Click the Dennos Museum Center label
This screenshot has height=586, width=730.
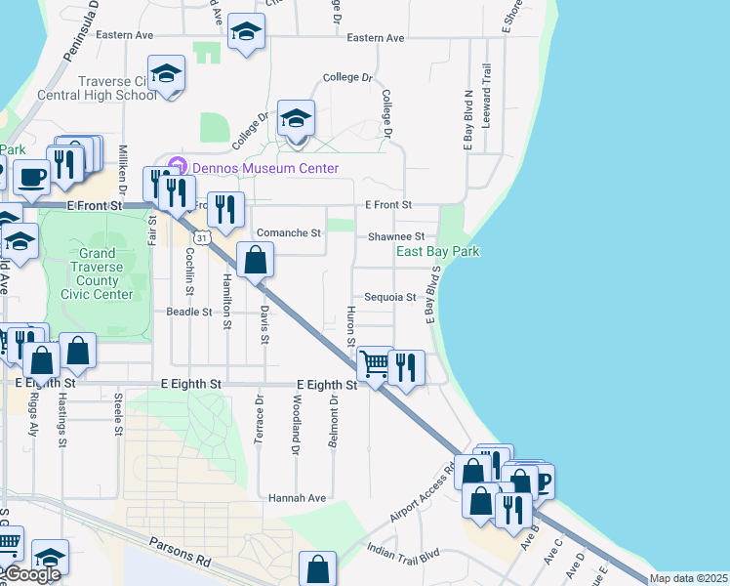click(264, 168)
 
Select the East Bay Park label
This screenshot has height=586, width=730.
click(437, 251)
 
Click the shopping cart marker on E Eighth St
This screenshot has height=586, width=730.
click(375, 365)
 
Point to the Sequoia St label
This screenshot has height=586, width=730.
click(390, 297)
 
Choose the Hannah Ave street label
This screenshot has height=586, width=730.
click(299, 497)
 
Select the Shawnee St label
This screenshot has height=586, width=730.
click(396, 236)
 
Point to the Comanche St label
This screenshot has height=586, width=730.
click(288, 233)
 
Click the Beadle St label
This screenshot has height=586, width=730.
click(189, 312)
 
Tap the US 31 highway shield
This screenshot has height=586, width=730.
click(200, 237)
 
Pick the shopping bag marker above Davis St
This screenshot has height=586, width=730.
click(255, 261)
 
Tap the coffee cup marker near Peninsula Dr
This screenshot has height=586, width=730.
click(32, 177)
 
